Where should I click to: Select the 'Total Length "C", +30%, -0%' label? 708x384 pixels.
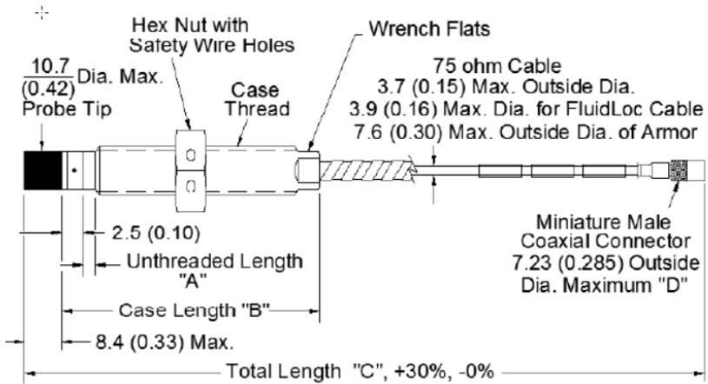click(364, 371)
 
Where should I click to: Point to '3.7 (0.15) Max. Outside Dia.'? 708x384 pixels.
click(510, 89)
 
